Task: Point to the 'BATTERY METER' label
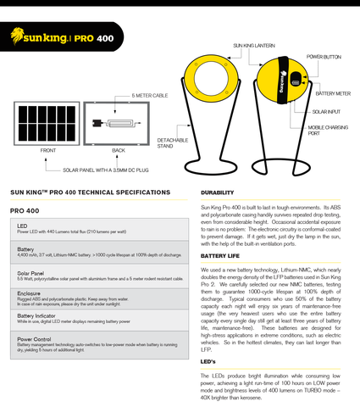331,94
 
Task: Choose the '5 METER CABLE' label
150,97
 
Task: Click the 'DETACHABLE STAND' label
172,141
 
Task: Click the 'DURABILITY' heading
217,192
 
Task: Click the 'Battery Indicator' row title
36,315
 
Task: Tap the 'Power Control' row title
33,339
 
